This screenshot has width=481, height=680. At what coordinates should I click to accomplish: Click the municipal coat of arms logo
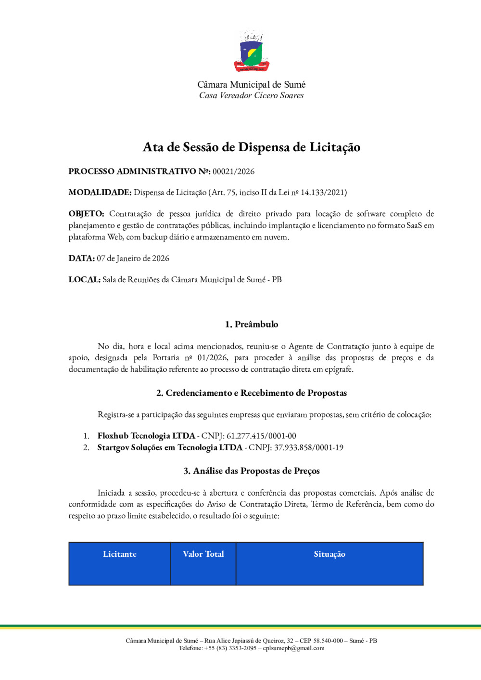252,51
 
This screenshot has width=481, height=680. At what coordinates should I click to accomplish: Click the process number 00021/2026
233,171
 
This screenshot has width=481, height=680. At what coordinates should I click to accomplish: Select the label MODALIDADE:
100,193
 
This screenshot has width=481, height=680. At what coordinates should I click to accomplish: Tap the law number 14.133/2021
323,193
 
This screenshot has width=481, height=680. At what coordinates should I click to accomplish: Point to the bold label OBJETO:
86,214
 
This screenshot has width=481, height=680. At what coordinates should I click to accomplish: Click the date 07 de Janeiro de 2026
133,259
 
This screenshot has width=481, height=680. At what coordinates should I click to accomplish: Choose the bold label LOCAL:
85,280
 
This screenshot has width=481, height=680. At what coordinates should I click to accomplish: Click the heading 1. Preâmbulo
252,325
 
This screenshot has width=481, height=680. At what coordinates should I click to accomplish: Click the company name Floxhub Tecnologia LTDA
146,436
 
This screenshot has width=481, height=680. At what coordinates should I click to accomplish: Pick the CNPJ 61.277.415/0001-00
261,436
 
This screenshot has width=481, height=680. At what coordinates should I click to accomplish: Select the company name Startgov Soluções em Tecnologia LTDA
170,447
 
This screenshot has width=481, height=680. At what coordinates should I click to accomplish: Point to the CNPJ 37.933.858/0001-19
309,447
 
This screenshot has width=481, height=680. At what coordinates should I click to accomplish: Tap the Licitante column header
120,554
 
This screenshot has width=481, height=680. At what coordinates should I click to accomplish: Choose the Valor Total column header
203,554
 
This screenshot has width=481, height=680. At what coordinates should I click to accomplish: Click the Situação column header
329,554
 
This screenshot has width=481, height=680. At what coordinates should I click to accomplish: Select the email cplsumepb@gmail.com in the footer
293,648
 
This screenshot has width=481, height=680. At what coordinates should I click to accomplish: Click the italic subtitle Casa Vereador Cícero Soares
252,96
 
